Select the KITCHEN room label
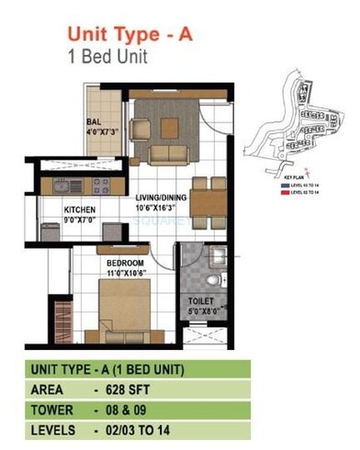80,209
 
